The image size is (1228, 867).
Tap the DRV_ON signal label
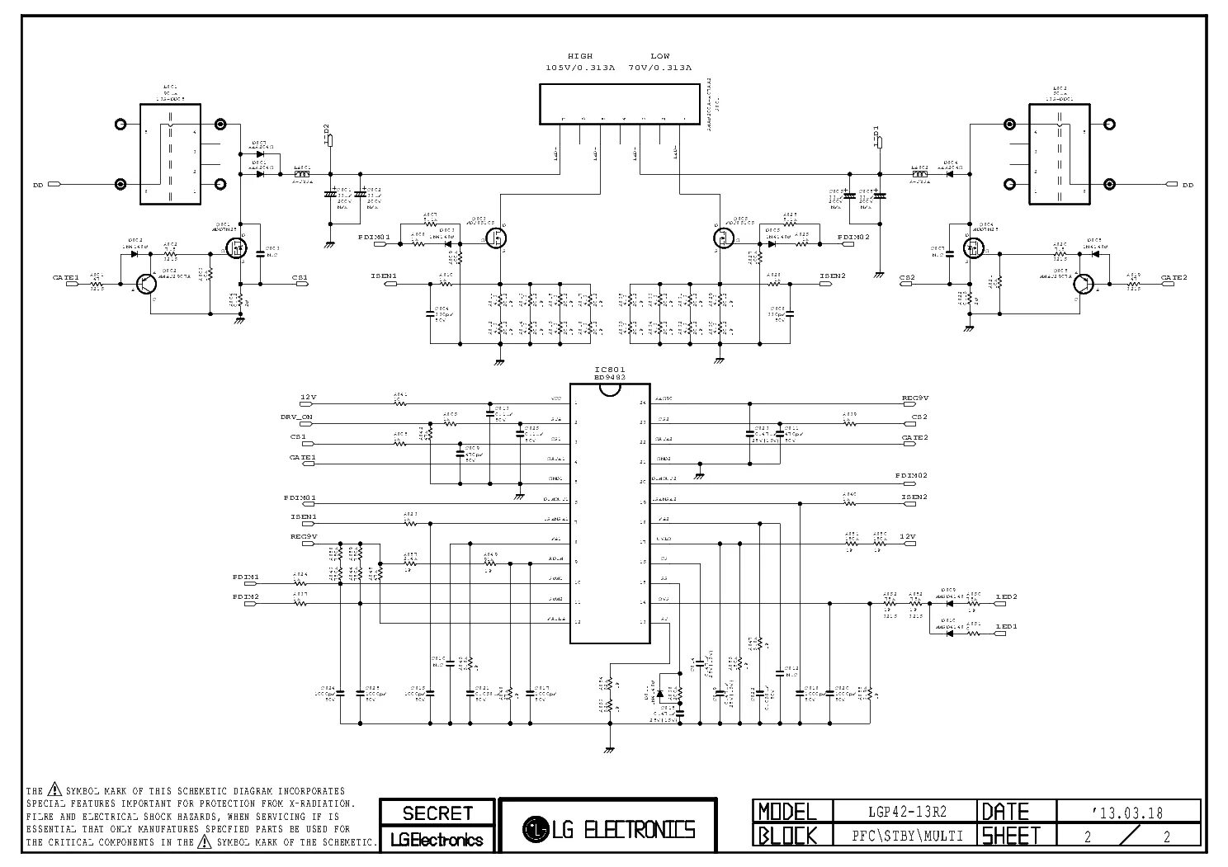[x=296, y=417]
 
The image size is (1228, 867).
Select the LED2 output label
[x=1006, y=596]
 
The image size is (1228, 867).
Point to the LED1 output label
[x=1006, y=627]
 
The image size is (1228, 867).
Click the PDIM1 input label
[x=246, y=577]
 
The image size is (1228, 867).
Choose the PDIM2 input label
[x=246, y=596]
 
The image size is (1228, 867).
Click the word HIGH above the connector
[x=580, y=56]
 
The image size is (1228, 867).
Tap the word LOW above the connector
[x=660, y=56]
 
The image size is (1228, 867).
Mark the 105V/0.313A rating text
[x=580, y=67]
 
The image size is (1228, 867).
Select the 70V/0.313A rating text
[x=660, y=67]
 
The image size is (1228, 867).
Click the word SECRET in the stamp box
[x=437, y=813]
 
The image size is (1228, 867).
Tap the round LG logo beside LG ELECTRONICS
[x=537, y=828]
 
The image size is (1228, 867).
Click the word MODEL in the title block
[x=787, y=812]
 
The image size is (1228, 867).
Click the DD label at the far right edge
[x=1188, y=186]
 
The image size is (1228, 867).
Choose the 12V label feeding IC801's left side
[x=309, y=398]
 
